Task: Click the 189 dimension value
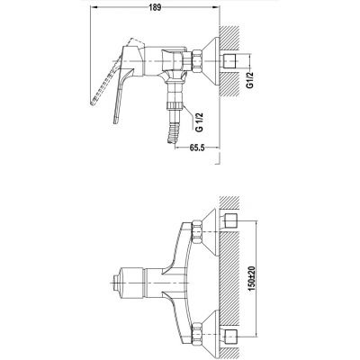click(155, 8)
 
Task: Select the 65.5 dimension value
click(197, 148)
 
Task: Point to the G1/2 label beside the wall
click(249, 79)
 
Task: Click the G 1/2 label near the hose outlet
click(200, 122)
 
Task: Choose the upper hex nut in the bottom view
click(196, 232)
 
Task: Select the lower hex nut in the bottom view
click(197, 334)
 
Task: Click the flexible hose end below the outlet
click(175, 133)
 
